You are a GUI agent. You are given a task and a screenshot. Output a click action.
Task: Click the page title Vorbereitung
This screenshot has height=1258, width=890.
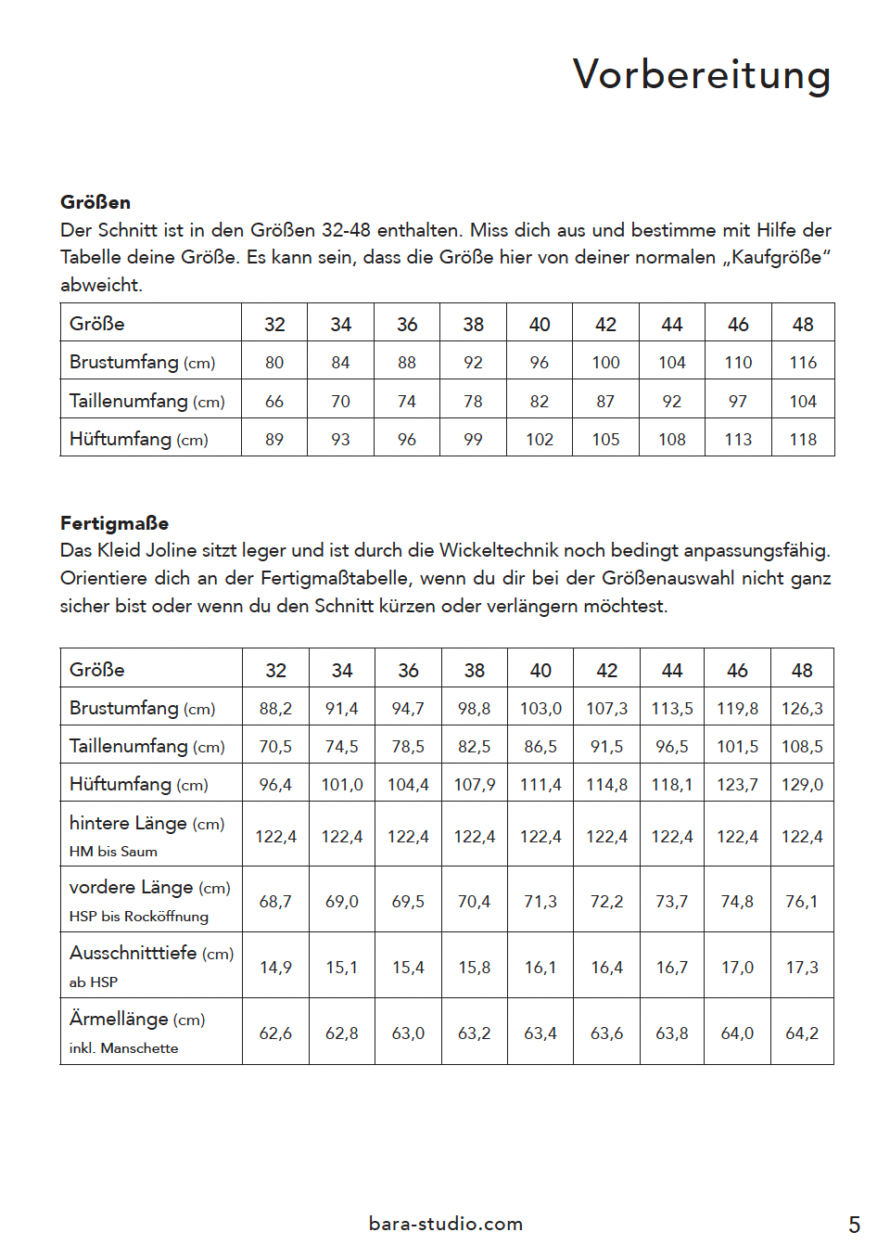pyautogui.click(x=701, y=75)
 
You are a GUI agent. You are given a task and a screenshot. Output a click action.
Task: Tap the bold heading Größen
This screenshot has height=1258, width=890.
pyautogui.click(x=95, y=202)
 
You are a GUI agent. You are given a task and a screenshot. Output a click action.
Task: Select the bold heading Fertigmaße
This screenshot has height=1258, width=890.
pyautogui.click(x=114, y=523)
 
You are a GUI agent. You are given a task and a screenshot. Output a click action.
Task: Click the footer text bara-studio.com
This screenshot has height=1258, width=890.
pyautogui.click(x=446, y=1224)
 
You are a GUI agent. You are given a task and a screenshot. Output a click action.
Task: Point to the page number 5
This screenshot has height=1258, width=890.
pyautogui.click(x=854, y=1226)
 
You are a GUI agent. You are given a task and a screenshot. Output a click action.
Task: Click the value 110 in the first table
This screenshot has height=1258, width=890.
pyautogui.click(x=738, y=363)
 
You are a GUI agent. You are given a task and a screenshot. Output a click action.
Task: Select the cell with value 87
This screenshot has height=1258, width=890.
pyautogui.click(x=605, y=402)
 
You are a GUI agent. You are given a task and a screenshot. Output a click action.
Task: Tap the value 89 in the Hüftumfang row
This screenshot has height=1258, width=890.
pyautogui.click(x=274, y=440)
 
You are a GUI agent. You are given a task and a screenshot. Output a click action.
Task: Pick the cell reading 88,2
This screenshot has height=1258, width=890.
pyautogui.click(x=275, y=709)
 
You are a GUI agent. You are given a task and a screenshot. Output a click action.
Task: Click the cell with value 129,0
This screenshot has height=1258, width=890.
pyautogui.click(x=802, y=785)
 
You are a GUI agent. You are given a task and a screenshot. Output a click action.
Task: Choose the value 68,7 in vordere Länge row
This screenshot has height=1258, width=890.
pyautogui.click(x=275, y=902)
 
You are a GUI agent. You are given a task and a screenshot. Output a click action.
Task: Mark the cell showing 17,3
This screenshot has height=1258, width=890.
pyautogui.click(x=802, y=968)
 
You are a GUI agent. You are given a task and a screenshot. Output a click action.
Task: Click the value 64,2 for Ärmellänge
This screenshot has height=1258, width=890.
pyautogui.click(x=802, y=1033)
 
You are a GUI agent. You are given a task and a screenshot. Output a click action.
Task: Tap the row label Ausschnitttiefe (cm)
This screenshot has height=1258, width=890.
pyautogui.click(x=151, y=953)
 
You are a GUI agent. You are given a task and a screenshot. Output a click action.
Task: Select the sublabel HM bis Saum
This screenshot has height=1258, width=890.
pyautogui.click(x=113, y=852)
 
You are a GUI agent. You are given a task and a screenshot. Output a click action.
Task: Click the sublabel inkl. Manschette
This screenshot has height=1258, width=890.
pyautogui.click(x=123, y=1048)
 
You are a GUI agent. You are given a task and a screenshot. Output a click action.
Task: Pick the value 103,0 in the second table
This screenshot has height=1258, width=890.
pyautogui.click(x=540, y=709)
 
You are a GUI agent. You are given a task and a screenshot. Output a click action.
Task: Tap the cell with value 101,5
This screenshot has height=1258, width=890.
pyautogui.click(x=737, y=747)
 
